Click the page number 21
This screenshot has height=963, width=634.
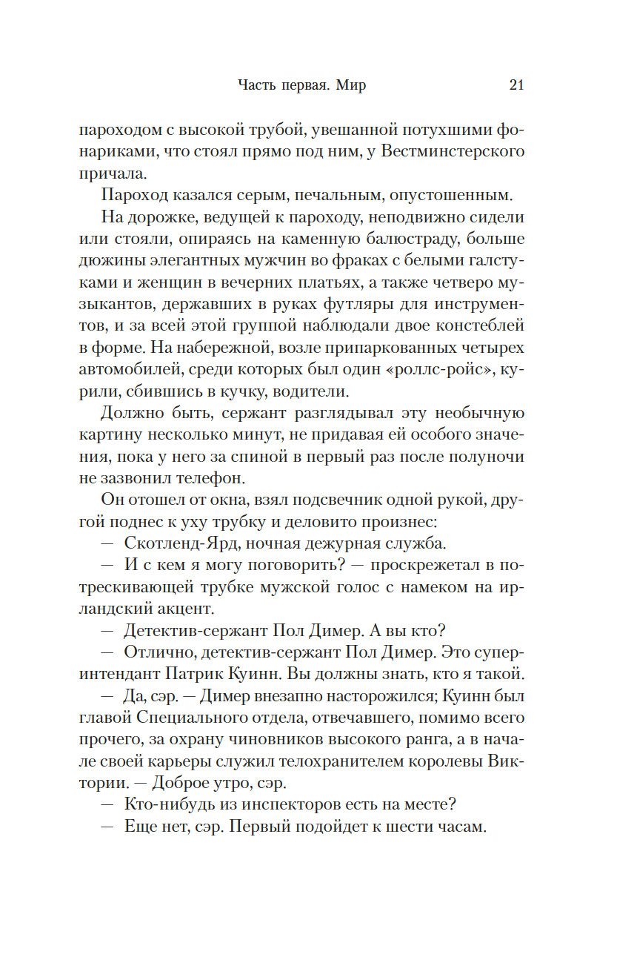[516, 85]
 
